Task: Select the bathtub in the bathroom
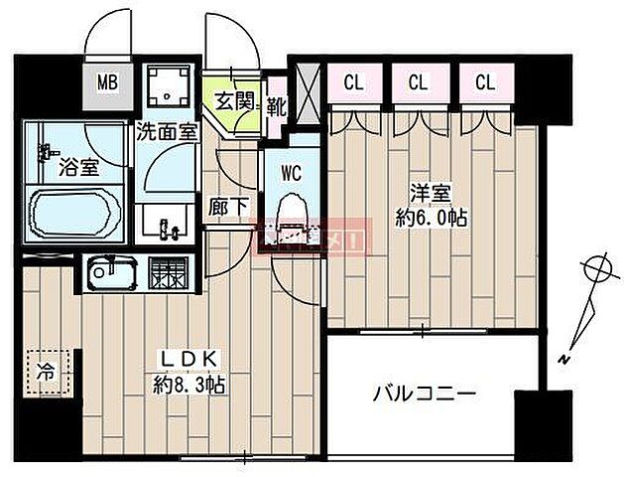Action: tap(75, 212)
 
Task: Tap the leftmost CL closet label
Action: tap(353, 82)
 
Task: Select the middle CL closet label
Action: tap(417, 82)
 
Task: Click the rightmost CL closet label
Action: tap(483, 82)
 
